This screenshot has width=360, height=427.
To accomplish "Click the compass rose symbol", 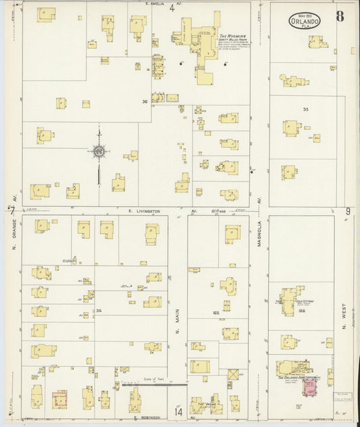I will (99, 151).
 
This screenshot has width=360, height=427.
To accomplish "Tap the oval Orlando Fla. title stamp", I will (305, 20).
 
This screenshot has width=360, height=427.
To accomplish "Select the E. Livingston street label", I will (145, 211).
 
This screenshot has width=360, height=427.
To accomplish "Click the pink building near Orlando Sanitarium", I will (310, 388).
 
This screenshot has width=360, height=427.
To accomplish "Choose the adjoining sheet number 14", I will (178, 411).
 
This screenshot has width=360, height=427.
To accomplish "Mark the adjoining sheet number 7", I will (11, 211).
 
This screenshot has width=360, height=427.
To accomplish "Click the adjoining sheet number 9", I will (349, 211).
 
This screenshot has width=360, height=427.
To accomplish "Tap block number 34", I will (99, 311).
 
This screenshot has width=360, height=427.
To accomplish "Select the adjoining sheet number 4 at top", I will (172, 9).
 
